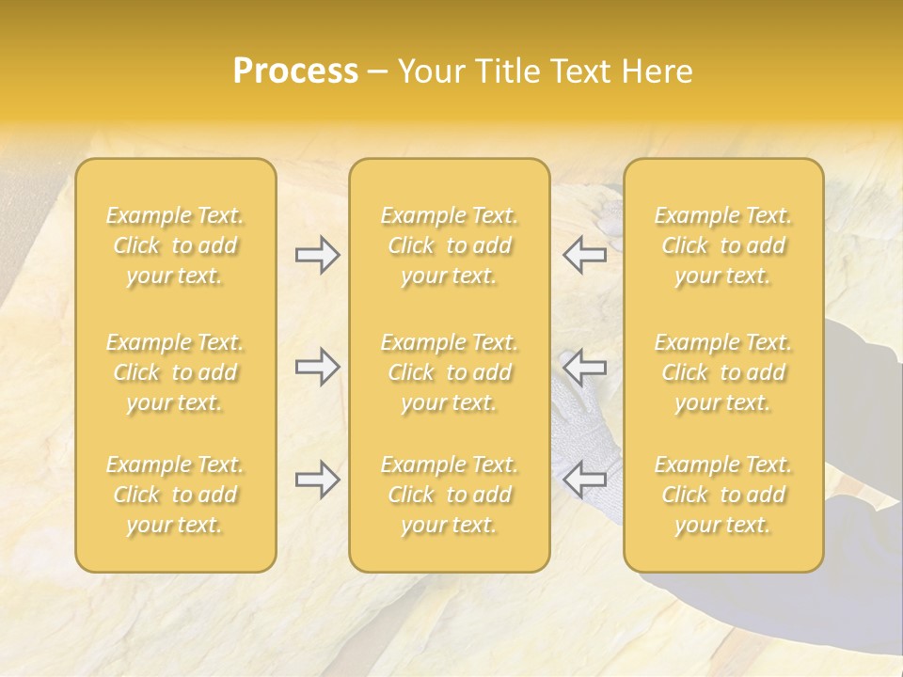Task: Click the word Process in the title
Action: [295, 71]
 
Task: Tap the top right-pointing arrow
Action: [317, 255]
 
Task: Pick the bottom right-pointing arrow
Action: [317, 480]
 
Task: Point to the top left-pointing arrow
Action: [585, 255]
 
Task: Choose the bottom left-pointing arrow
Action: [585, 480]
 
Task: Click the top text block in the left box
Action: [175, 245]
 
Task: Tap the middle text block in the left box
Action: [175, 372]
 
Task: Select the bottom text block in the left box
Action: [175, 495]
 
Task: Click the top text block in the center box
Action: [449, 245]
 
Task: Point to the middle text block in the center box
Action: [449, 372]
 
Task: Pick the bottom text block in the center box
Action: [449, 495]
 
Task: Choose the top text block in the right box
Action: [723, 245]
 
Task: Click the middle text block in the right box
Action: [723, 372]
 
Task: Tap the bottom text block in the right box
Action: [723, 495]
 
